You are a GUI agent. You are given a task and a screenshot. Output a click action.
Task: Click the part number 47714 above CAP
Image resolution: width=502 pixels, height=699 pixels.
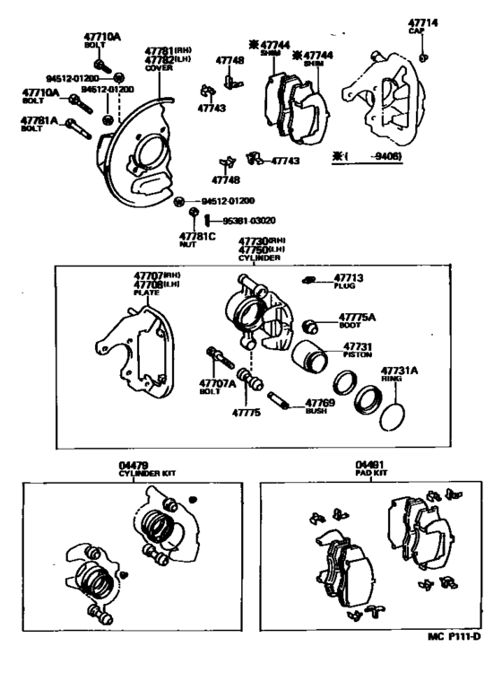point(423,21)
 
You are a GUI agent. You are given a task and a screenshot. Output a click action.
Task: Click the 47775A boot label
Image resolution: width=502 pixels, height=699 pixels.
point(356,317)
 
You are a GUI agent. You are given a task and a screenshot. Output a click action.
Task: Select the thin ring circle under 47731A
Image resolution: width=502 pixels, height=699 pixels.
point(394,415)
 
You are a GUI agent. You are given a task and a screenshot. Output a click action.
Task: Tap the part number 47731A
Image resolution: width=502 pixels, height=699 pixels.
point(399,370)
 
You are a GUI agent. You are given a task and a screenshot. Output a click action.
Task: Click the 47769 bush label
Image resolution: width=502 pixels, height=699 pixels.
point(320,404)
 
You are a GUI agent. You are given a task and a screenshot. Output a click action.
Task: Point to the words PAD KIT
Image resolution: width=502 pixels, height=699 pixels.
point(370,473)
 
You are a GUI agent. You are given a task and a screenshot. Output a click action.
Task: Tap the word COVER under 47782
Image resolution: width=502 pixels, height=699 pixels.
point(159,66)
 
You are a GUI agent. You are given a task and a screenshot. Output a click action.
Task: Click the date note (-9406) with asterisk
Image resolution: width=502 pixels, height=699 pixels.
point(369,156)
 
